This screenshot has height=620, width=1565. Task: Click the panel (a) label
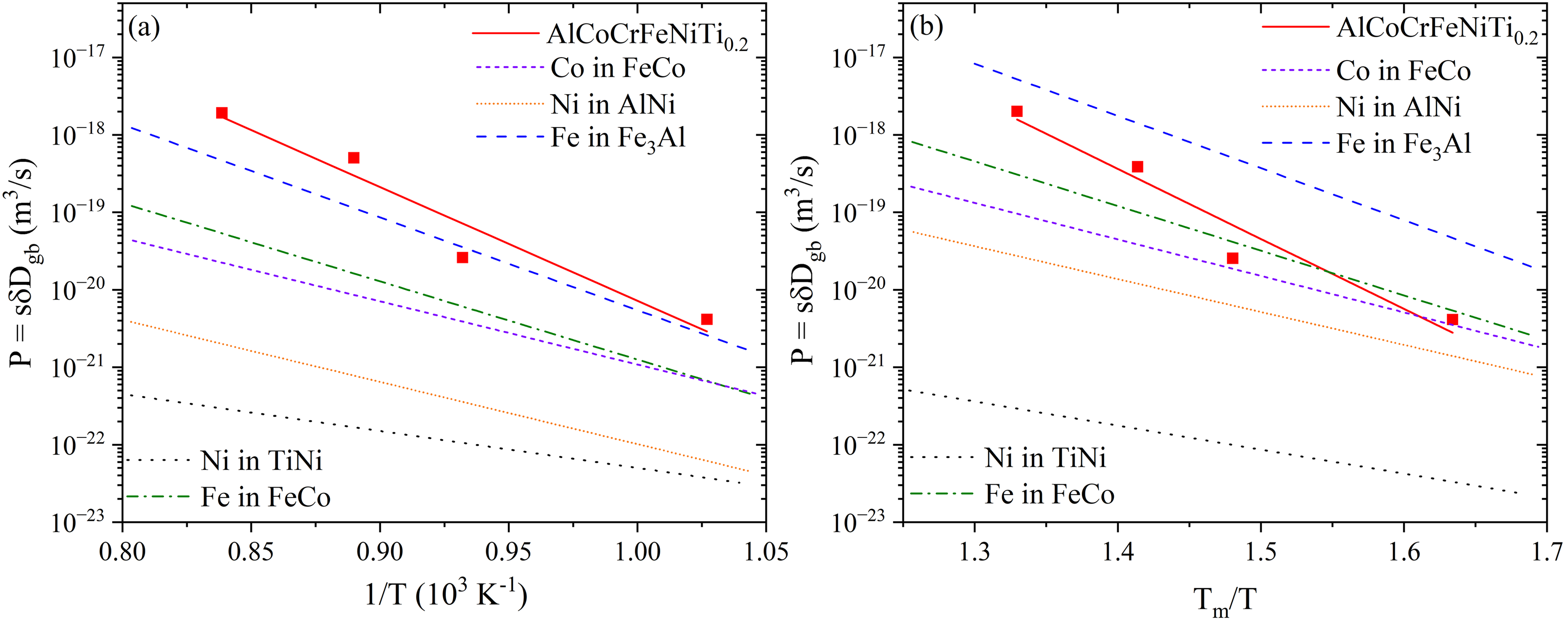tap(144, 28)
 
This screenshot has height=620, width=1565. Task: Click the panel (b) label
tap(926, 28)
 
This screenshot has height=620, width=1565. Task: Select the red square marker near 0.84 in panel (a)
tap(222, 113)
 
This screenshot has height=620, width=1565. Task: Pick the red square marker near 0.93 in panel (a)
tap(462, 258)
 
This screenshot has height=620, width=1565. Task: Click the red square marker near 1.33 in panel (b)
tap(1016, 111)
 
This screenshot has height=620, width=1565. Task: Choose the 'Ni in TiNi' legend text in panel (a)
tap(261, 461)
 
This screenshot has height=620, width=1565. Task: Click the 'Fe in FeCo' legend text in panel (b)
tap(1049, 494)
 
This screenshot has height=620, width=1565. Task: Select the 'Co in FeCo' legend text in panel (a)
tap(618, 68)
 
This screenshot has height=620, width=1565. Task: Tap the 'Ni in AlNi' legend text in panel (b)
tap(1398, 108)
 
